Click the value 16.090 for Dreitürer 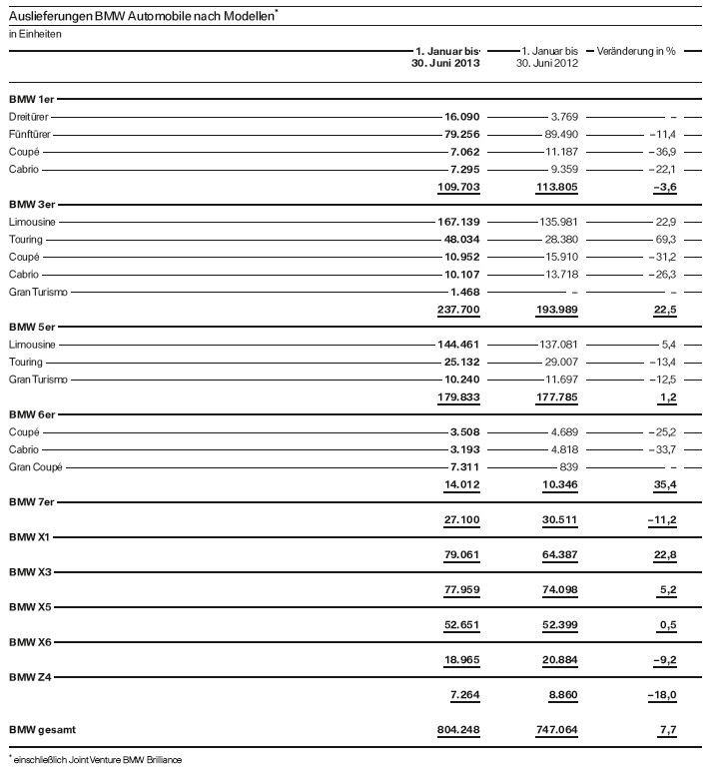pyautogui.click(x=460, y=117)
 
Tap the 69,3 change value pyautogui.click(x=664, y=240)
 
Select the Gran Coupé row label pyautogui.click(x=35, y=466)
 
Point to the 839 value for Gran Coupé pyautogui.click(x=566, y=466)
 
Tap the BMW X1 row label pyautogui.click(x=28, y=537)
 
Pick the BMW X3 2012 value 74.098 pyautogui.click(x=557, y=590)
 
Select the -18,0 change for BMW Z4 pyautogui.click(x=659, y=695)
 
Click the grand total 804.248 pyautogui.click(x=458, y=730)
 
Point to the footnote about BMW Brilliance pyautogui.click(x=98, y=760)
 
